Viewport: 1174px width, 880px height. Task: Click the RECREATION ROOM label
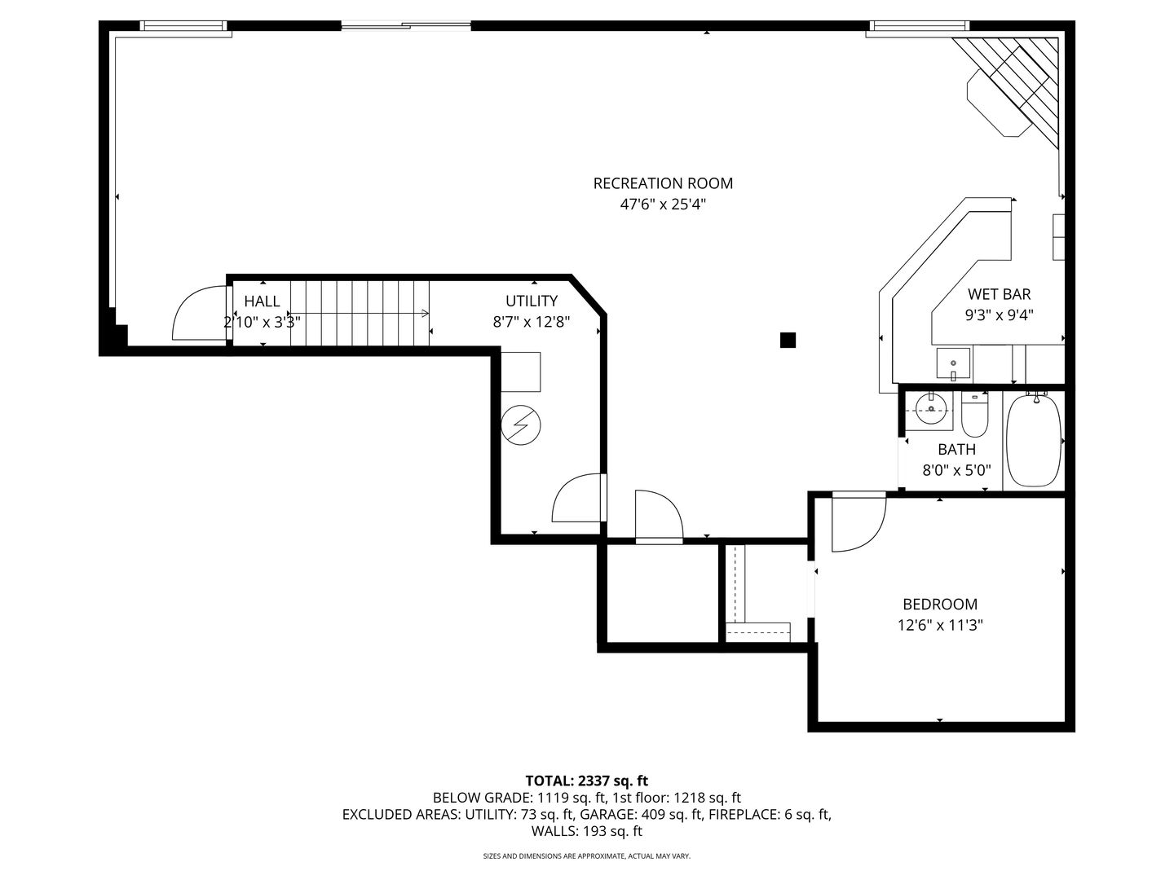point(663,183)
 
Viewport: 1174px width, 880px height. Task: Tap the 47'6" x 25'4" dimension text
point(663,205)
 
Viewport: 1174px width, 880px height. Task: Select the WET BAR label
point(999,294)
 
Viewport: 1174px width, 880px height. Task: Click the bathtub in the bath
point(1033,441)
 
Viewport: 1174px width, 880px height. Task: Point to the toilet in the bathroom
point(974,414)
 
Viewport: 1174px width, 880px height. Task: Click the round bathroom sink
point(932,409)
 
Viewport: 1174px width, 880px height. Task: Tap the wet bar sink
point(952,364)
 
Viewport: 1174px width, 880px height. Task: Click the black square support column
point(788,340)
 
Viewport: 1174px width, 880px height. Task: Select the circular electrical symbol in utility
point(520,425)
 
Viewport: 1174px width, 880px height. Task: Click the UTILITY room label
point(531,301)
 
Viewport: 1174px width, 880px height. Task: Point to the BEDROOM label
point(940,604)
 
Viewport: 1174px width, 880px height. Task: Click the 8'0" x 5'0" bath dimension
point(956,470)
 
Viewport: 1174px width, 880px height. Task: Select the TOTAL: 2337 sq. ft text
point(587,781)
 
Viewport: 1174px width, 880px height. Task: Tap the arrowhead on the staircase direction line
point(426,313)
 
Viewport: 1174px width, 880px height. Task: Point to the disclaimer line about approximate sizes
point(587,856)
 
